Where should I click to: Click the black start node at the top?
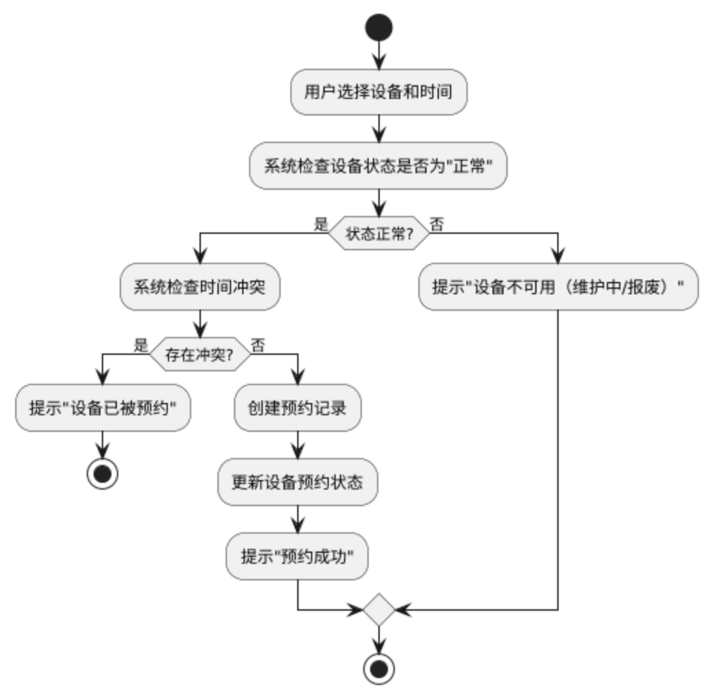pyautogui.click(x=378, y=28)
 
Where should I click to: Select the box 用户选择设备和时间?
pyautogui.click(x=378, y=91)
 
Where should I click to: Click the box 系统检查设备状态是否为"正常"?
pyautogui.click(x=378, y=166)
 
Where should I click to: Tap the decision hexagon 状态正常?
pyautogui.click(x=378, y=234)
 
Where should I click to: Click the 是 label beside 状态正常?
pyautogui.click(x=321, y=224)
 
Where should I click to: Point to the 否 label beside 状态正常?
pyautogui.click(x=436, y=224)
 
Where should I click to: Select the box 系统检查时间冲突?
pyautogui.click(x=200, y=287)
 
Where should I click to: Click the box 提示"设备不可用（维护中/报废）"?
pyautogui.click(x=558, y=287)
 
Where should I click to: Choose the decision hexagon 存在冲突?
pyautogui.click(x=198, y=355)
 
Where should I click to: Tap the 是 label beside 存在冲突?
pyautogui.click(x=141, y=345)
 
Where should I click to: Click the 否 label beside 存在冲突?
pyautogui.click(x=257, y=345)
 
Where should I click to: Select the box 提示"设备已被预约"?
pyautogui.click(x=103, y=408)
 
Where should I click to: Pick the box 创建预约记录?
pyautogui.click(x=297, y=408)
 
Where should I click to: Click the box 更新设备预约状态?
pyautogui.click(x=297, y=482)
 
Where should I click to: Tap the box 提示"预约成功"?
pyautogui.click(x=297, y=556)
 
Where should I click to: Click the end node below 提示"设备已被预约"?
pyautogui.click(x=103, y=473)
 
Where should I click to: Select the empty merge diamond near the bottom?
pyautogui.click(x=378, y=610)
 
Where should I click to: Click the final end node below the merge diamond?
pyautogui.click(x=378, y=668)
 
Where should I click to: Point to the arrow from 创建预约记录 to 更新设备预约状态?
pyautogui.click(x=297, y=445)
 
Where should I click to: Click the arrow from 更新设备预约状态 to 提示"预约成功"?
pyautogui.click(x=297, y=519)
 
